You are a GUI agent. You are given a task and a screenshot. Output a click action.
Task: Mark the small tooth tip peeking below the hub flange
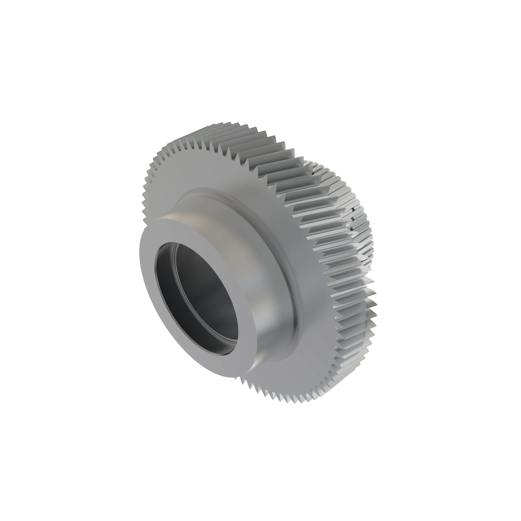click(236, 378)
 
